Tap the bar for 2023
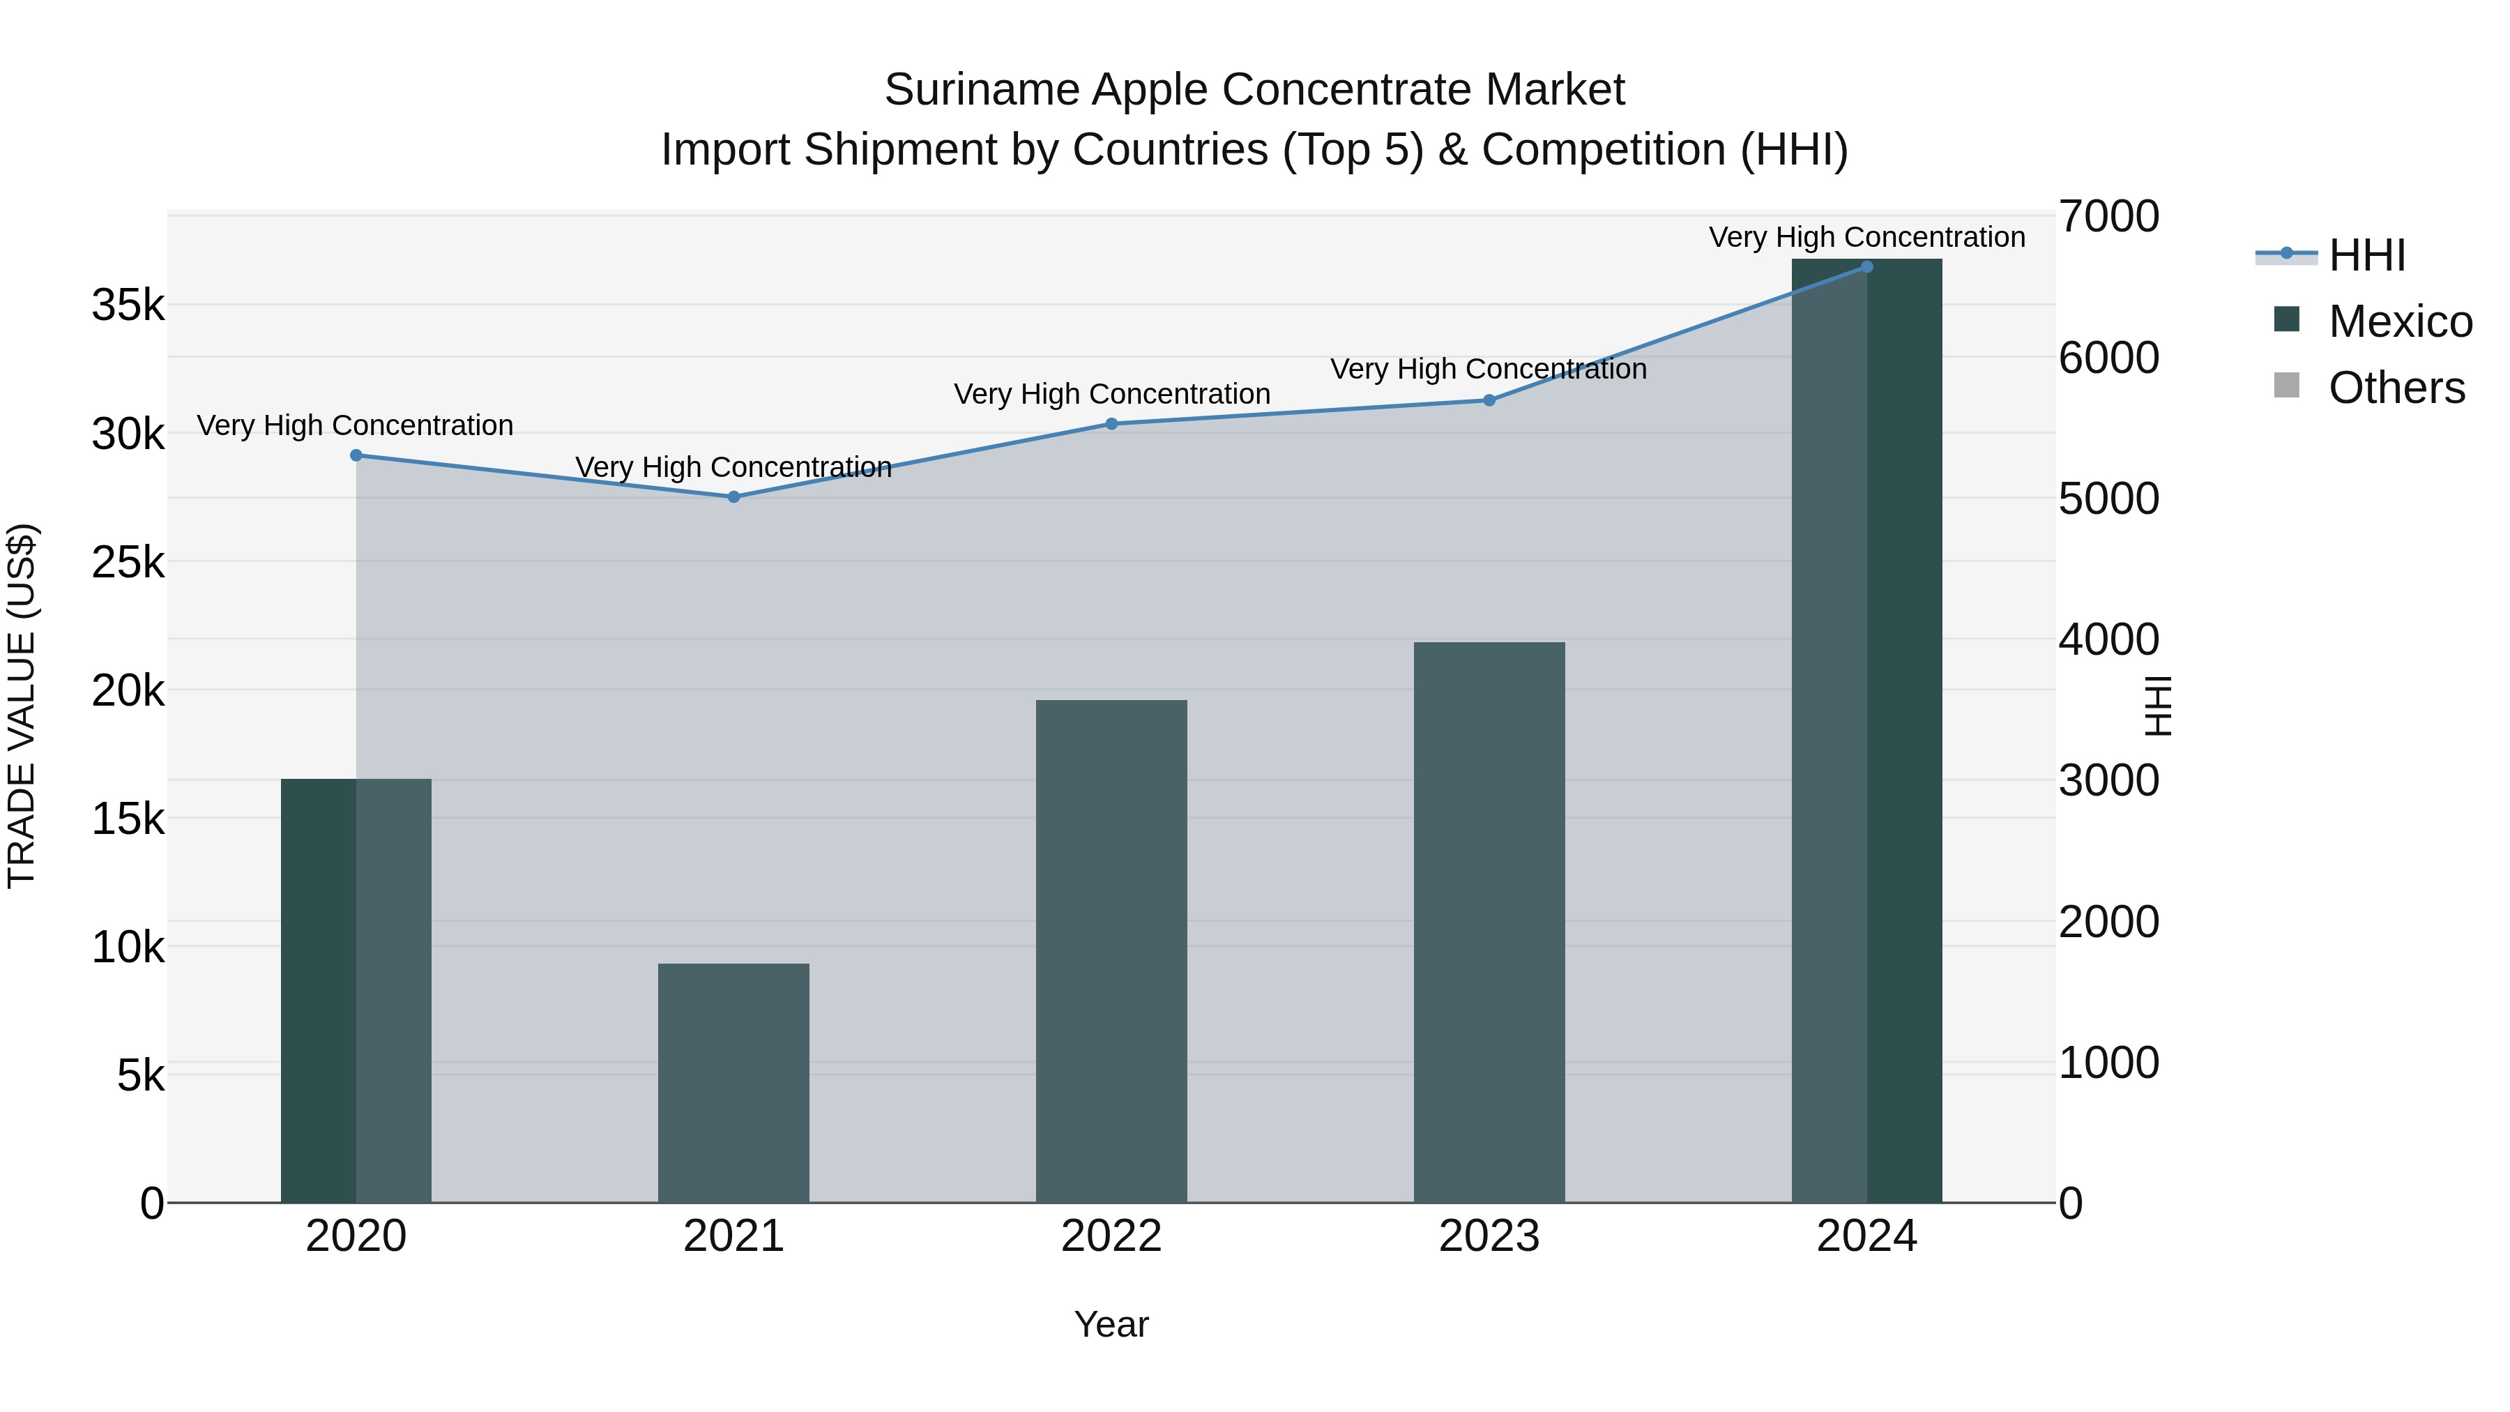pyautogui.click(x=1489, y=921)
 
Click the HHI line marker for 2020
pyautogui.click(x=356, y=455)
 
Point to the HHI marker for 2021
pyautogui.click(x=733, y=497)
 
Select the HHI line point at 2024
pyautogui.click(x=1867, y=266)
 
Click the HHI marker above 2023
pyautogui.click(x=1489, y=400)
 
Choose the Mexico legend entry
pyautogui.click(x=2400, y=321)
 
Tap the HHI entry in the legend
pyautogui.click(x=2367, y=255)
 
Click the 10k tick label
pyautogui.click(x=128, y=947)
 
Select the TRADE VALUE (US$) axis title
pyautogui.click(x=22, y=706)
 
